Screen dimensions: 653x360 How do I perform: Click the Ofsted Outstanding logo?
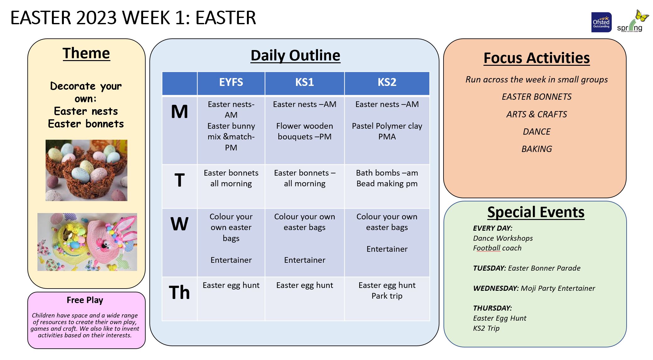(x=601, y=22)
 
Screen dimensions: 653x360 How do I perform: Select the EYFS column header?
(x=231, y=82)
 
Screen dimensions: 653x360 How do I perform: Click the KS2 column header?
(x=387, y=82)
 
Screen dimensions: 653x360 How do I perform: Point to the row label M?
(x=179, y=112)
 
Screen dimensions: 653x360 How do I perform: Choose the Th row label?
(x=179, y=292)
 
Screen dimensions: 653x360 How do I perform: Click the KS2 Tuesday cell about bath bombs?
(x=387, y=178)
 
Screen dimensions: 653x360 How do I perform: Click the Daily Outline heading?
(x=295, y=56)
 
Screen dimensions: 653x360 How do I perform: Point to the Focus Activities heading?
(x=537, y=58)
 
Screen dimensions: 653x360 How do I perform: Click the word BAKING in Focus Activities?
(x=537, y=149)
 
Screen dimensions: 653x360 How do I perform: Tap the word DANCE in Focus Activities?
(x=537, y=132)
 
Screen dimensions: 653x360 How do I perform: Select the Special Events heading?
(x=536, y=212)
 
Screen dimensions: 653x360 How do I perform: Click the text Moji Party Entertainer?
(x=558, y=288)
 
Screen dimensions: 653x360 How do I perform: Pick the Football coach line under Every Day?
(x=497, y=248)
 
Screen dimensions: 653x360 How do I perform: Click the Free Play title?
(x=85, y=300)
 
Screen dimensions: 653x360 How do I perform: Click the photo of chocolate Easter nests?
(x=87, y=170)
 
